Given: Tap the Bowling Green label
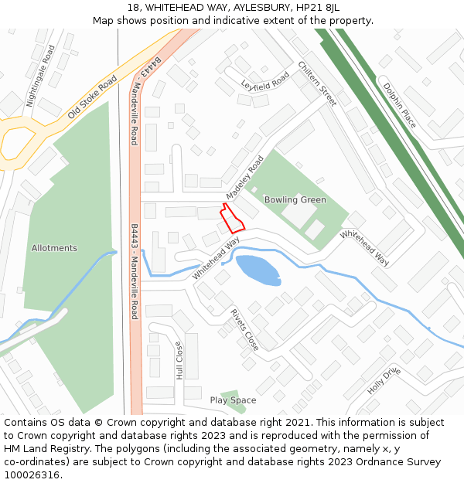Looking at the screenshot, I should coord(295,200).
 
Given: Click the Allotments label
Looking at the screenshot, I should coord(54,248).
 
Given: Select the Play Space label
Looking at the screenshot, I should coord(233,400).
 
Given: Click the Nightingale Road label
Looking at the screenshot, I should coord(41,75).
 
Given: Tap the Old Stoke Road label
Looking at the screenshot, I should coord(92,97).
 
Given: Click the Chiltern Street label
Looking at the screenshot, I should coord(317,83).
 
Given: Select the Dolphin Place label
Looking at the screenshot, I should coord(399,104).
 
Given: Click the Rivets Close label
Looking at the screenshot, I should coord(244,329).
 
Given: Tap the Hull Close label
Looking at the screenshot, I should coord(179,360).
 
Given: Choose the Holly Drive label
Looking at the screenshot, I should coord(384,381).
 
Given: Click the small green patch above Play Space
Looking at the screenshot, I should coord(227,395).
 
